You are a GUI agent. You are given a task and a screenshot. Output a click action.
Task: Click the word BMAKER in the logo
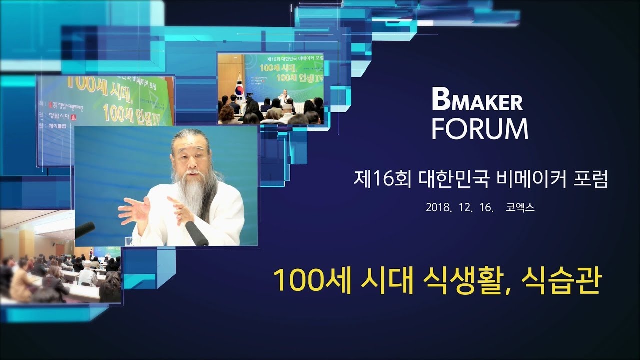[x=477, y=101]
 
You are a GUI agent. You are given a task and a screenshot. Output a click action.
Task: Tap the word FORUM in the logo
[x=480, y=129]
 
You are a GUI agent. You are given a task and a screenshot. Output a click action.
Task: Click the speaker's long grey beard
[x=197, y=195]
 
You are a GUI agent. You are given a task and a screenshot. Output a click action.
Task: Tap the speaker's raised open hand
[x=134, y=210]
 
